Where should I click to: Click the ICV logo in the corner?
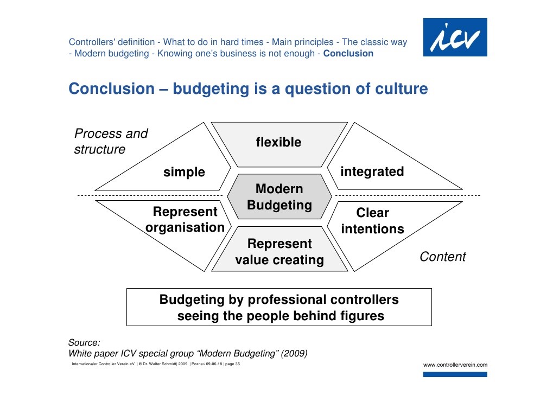click(x=455, y=37)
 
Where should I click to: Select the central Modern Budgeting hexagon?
click(x=279, y=196)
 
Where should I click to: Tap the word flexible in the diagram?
click(x=279, y=142)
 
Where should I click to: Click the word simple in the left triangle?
click(x=185, y=172)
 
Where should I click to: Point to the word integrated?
click(x=372, y=171)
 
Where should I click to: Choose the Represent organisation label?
click(x=185, y=219)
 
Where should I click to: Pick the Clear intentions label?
click(x=372, y=221)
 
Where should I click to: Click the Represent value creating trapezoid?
click(x=279, y=249)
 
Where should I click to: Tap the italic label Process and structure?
click(x=111, y=141)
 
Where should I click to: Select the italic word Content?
click(x=443, y=257)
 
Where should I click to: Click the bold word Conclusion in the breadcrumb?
click(x=348, y=54)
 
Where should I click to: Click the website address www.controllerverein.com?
click(x=455, y=365)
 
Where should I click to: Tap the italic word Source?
click(x=84, y=342)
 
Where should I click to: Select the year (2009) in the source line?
click(x=294, y=353)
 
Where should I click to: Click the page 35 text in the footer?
click(x=232, y=364)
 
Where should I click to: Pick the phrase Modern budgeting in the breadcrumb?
click(x=112, y=54)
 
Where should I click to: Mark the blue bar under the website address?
click(x=455, y=374)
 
